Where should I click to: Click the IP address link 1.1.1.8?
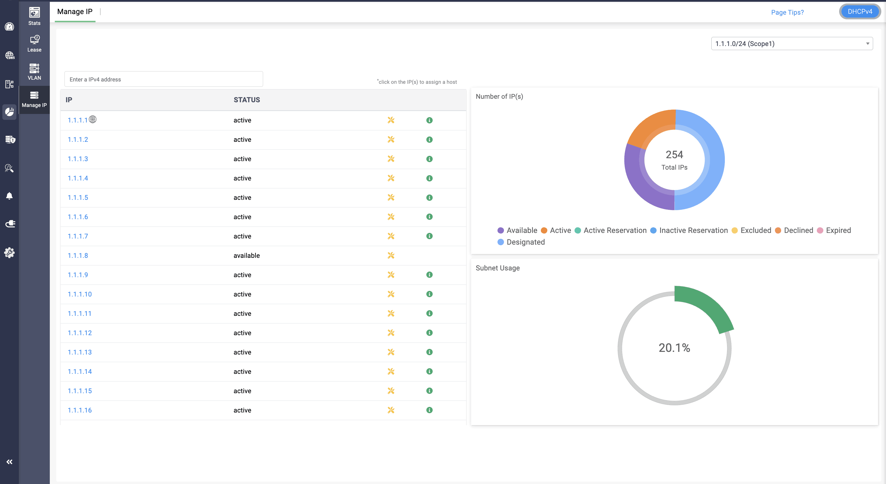[x=78, y=255]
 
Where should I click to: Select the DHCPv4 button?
[x=860, y=12]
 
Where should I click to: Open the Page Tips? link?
[x=787, y=12]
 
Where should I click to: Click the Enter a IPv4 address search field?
[x=163, y=79]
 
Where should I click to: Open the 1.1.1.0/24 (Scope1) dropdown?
[x=791, y=44]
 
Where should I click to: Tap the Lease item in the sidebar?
[x=34, y=43]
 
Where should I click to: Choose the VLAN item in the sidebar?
[x=34, y=71]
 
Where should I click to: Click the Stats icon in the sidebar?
[x=34, y=16]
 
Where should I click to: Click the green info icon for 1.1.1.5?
[x=429, y=197]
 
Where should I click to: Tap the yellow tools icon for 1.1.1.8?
[x=391, y=255]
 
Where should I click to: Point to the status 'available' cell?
[x=247, y=255]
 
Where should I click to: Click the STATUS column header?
[x=247, y=100]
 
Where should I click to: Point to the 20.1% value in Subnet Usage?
[x=674, y=348]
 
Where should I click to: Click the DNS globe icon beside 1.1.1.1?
[x=93, y=119]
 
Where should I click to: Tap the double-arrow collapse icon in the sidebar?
[x=9, y=462]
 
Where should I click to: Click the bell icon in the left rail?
[x=9, y=196]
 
